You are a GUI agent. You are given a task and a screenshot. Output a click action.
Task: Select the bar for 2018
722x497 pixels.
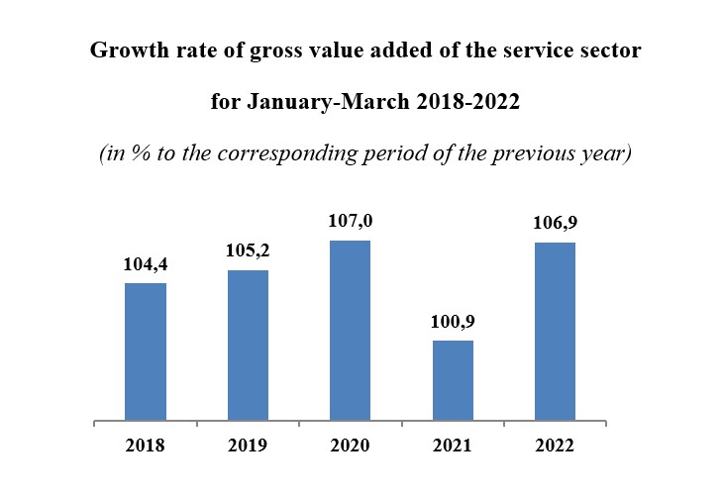click(x=145, y=351)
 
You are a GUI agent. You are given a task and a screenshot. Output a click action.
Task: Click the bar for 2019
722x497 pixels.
click(x=248, y=346)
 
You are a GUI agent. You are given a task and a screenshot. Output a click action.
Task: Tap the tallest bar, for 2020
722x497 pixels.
click(x=350, y=331)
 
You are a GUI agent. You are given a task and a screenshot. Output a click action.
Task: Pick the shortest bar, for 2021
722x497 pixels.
click(x=453, y=380)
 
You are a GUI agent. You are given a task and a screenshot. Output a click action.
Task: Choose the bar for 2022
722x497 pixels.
click(x=555, y=332)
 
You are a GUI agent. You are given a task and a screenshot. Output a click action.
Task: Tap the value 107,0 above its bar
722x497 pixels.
click(x=350, y=222)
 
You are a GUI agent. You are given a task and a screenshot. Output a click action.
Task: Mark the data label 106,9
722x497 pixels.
click(x=555, y=224)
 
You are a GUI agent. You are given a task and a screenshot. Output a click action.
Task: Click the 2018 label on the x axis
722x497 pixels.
click(x=145, y=446)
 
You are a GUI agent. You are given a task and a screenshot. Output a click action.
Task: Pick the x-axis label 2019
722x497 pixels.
click(x=248, y=446)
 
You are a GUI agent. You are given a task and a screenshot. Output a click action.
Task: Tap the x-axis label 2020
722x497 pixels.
click(x=350, y=446)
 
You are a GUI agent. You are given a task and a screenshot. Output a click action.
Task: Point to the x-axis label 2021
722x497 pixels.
click(x=453, y=446)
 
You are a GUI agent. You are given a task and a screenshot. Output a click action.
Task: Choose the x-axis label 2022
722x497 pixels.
click(x=555, y=446)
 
